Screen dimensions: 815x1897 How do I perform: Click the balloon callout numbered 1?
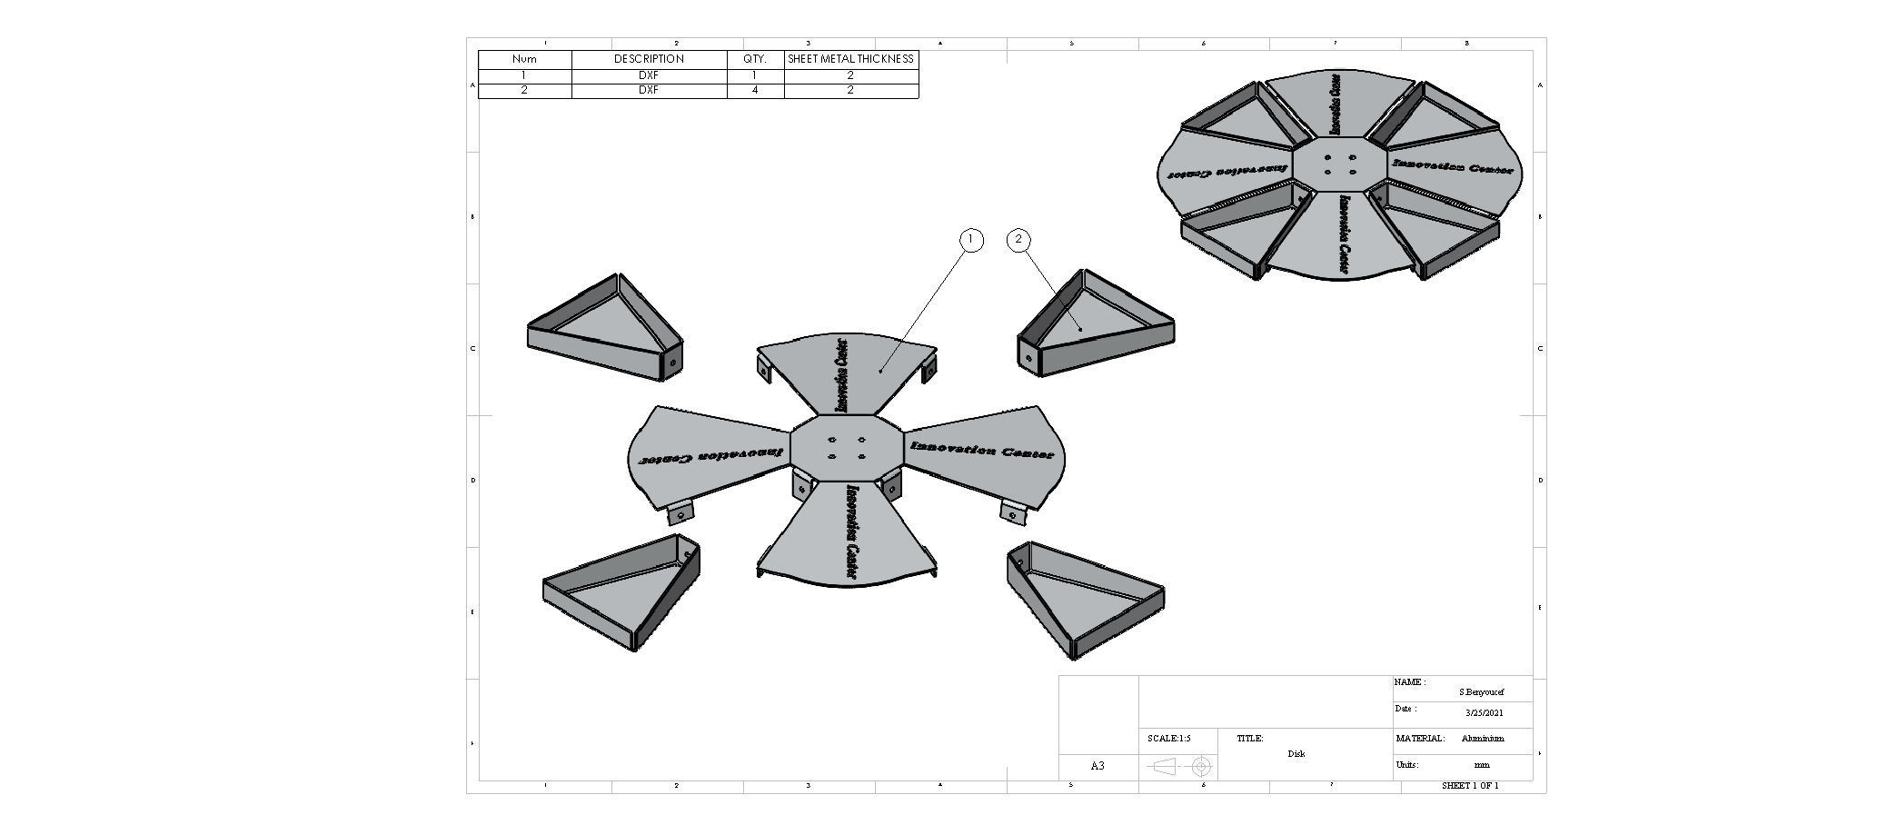coord(971,240)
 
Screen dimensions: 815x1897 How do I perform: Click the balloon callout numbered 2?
coord(1018,240)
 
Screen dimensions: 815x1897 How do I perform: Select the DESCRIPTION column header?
coord(649,59)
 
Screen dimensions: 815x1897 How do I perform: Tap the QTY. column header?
coord(755,59)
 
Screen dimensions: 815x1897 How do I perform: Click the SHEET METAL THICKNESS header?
coord(850,59)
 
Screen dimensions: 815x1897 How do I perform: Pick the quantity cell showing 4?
coord(755,91)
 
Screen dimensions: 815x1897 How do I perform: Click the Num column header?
coord(524,59)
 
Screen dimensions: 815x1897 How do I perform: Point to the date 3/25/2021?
coord(1484,713)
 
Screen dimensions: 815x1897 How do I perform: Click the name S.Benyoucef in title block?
coord(1481,692)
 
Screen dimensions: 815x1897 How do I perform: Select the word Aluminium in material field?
coord(1483,739)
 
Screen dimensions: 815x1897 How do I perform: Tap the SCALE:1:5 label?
coord(1168,739)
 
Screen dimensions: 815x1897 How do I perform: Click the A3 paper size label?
coord(1097,766)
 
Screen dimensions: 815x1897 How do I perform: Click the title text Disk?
coord(1296,754)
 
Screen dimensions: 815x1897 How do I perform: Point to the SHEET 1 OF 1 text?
coord(1470,786)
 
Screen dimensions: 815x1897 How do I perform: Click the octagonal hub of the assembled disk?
coord(1339,165)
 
